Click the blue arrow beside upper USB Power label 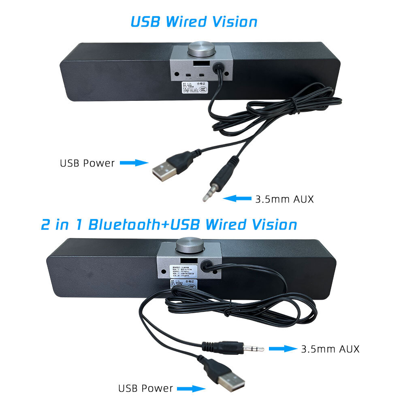coord(134,163)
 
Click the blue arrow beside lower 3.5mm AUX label coord(283,348)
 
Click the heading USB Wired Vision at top coord(194,21)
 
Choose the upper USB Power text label coord(87,163)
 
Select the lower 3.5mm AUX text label coord(330,348)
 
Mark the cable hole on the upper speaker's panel coord(219,66)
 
